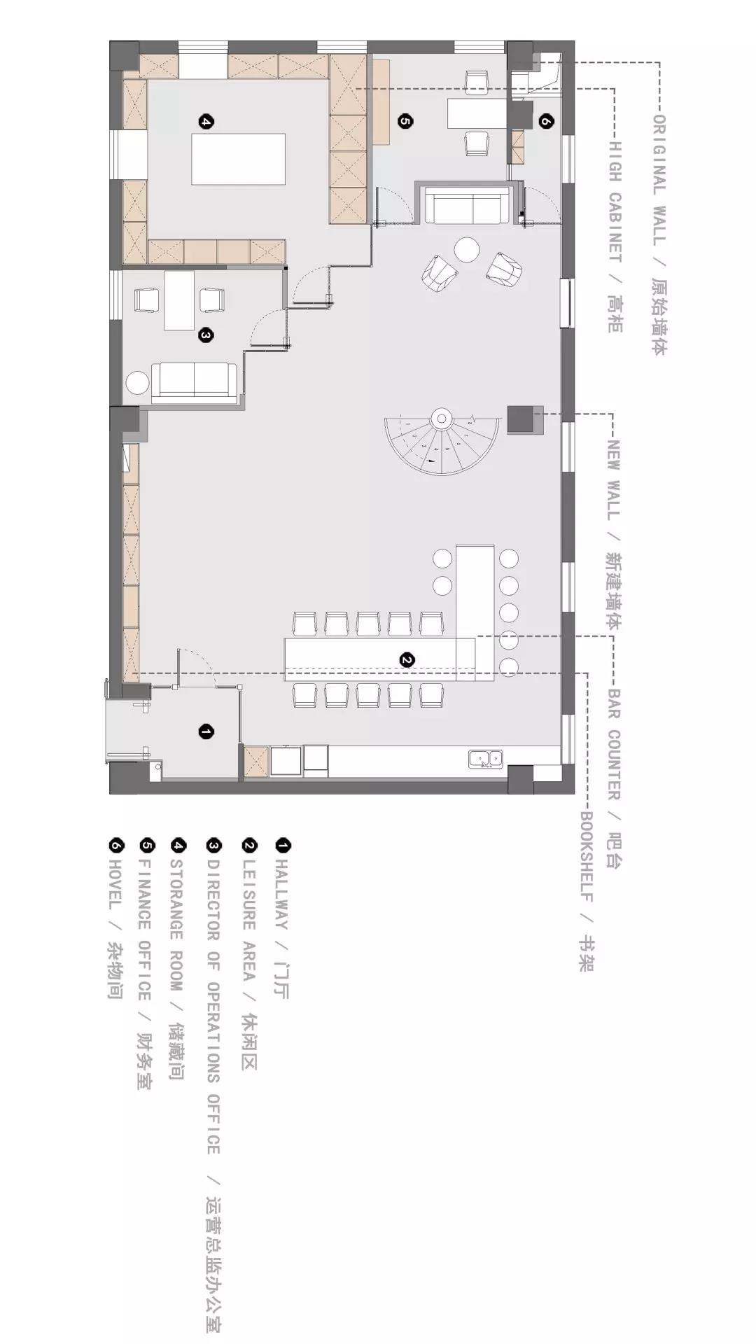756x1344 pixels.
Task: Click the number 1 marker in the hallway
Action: click(x=206, y=732)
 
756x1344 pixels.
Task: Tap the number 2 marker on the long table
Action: click(x=407, y=659)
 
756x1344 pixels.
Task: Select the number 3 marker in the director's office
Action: click(x=206, y=336)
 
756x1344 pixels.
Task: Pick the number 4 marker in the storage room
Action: click(x=206, y=122)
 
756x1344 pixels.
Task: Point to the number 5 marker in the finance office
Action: click(x=405, y=121)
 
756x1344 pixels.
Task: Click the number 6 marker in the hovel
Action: click(x=546, y=121)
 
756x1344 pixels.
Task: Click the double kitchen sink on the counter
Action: click(x=486, y=758)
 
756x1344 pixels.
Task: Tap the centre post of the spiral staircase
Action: click(x=442, y=419)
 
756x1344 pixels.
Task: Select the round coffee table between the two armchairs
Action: click(x=466, y=249)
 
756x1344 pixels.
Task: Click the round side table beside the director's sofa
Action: click(x=137, y=383)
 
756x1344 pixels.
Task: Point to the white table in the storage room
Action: click(x=239, y=159)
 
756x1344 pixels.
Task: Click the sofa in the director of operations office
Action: click(x=195, y=383)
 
